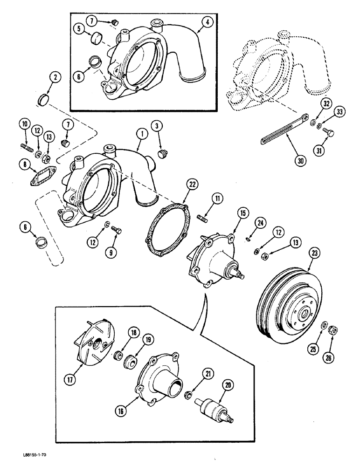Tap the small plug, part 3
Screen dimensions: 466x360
[163, 153]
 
